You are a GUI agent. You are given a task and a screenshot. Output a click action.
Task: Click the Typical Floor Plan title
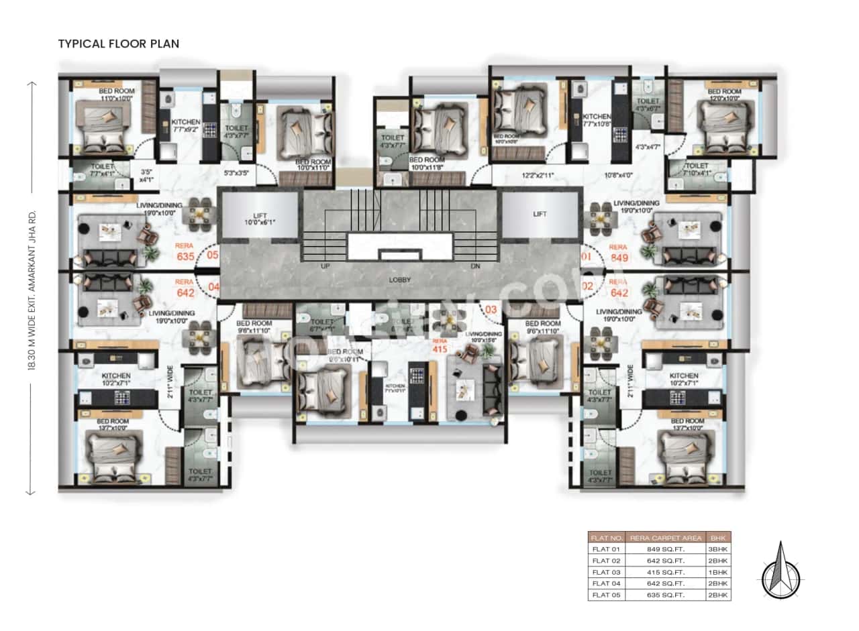(x=119, y=44)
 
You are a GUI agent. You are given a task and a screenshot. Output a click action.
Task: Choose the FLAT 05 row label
(x=606, y=595)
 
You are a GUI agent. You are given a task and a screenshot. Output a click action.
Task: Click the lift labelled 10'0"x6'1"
(x=258, y=218)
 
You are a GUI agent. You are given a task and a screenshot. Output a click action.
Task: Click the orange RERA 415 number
(x=440, y=349)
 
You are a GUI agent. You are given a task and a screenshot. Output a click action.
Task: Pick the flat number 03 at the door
(x=491, y=309)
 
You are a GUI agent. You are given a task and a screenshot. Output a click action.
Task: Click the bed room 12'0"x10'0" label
(x=724, y=95)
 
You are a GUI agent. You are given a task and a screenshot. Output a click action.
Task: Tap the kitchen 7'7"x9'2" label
(x=185, y=126)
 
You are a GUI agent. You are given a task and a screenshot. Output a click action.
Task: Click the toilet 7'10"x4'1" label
(x=696, y=169)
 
